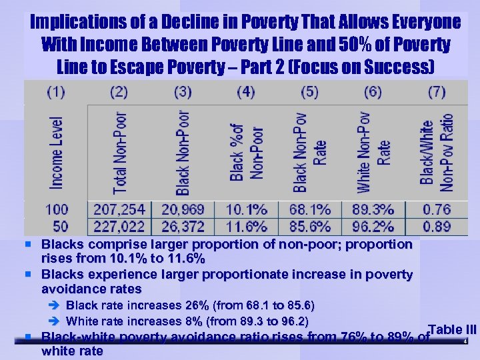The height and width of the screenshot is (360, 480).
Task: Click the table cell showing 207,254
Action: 120,209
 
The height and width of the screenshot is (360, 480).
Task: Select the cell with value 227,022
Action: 120,227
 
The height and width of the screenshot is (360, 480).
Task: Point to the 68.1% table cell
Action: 309,209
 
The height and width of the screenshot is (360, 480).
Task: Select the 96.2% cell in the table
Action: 373,227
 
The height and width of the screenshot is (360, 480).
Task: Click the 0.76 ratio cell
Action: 437,209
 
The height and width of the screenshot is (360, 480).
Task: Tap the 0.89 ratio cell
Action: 437,227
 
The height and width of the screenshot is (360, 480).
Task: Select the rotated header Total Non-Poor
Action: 120,151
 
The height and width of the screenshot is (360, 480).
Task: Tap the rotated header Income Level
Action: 57,152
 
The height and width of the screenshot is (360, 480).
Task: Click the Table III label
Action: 453,329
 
